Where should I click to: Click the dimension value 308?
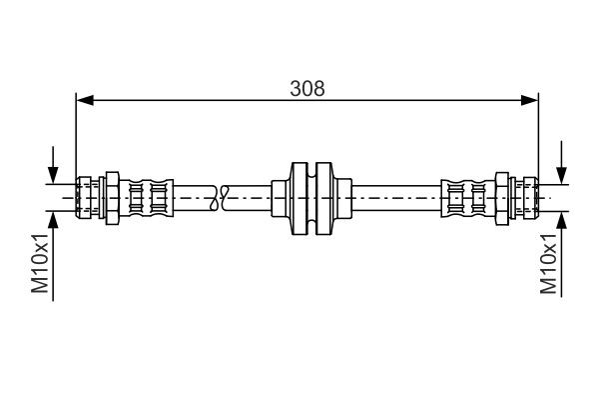[x=306, y=87]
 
